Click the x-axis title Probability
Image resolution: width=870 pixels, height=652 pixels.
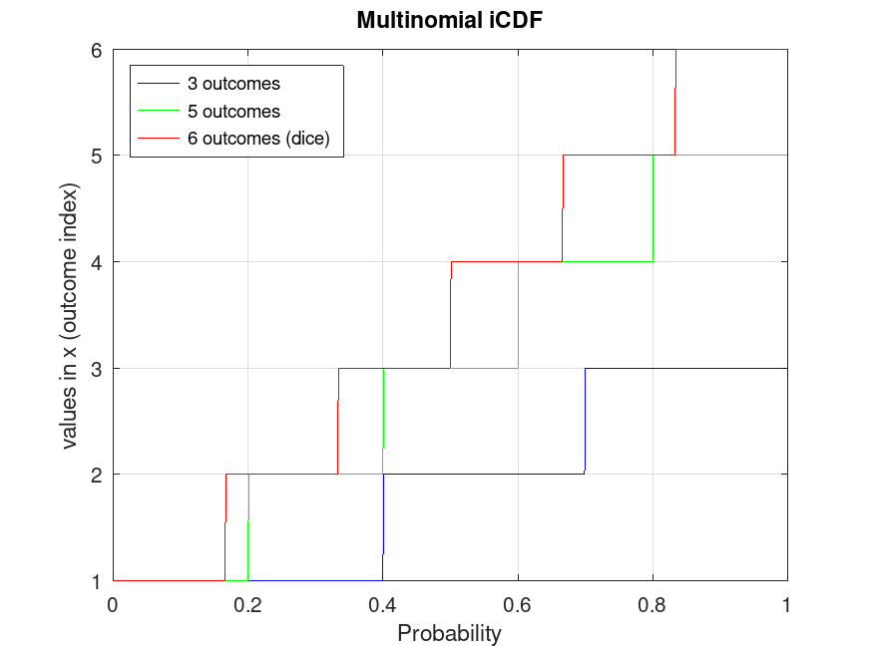449,633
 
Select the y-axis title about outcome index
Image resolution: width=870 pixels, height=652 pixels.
71,315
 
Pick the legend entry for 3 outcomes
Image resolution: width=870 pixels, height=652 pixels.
233,83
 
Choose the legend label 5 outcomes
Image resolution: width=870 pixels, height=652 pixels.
233,112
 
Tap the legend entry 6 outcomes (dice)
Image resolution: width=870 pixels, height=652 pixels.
264,140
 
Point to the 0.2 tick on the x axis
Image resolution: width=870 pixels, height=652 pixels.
247,604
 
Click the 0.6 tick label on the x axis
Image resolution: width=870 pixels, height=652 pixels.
517,604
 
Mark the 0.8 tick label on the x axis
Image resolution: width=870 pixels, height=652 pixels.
652,604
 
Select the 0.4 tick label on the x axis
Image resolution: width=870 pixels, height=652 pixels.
382,604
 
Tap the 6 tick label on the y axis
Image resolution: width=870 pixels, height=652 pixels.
97,50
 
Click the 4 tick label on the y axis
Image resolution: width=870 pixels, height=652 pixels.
97,262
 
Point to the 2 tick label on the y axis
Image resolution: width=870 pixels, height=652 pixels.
97,475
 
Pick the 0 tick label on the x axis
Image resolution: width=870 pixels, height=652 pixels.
113,604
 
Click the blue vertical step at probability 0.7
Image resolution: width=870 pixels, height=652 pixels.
585,421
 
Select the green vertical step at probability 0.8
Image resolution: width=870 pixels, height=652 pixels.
652,208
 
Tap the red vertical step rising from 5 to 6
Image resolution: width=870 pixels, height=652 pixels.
675,102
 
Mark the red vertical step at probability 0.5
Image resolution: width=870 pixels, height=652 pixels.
450,315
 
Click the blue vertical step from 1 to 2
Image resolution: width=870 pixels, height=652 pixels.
383,527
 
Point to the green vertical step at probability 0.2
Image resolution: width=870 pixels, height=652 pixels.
247,527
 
